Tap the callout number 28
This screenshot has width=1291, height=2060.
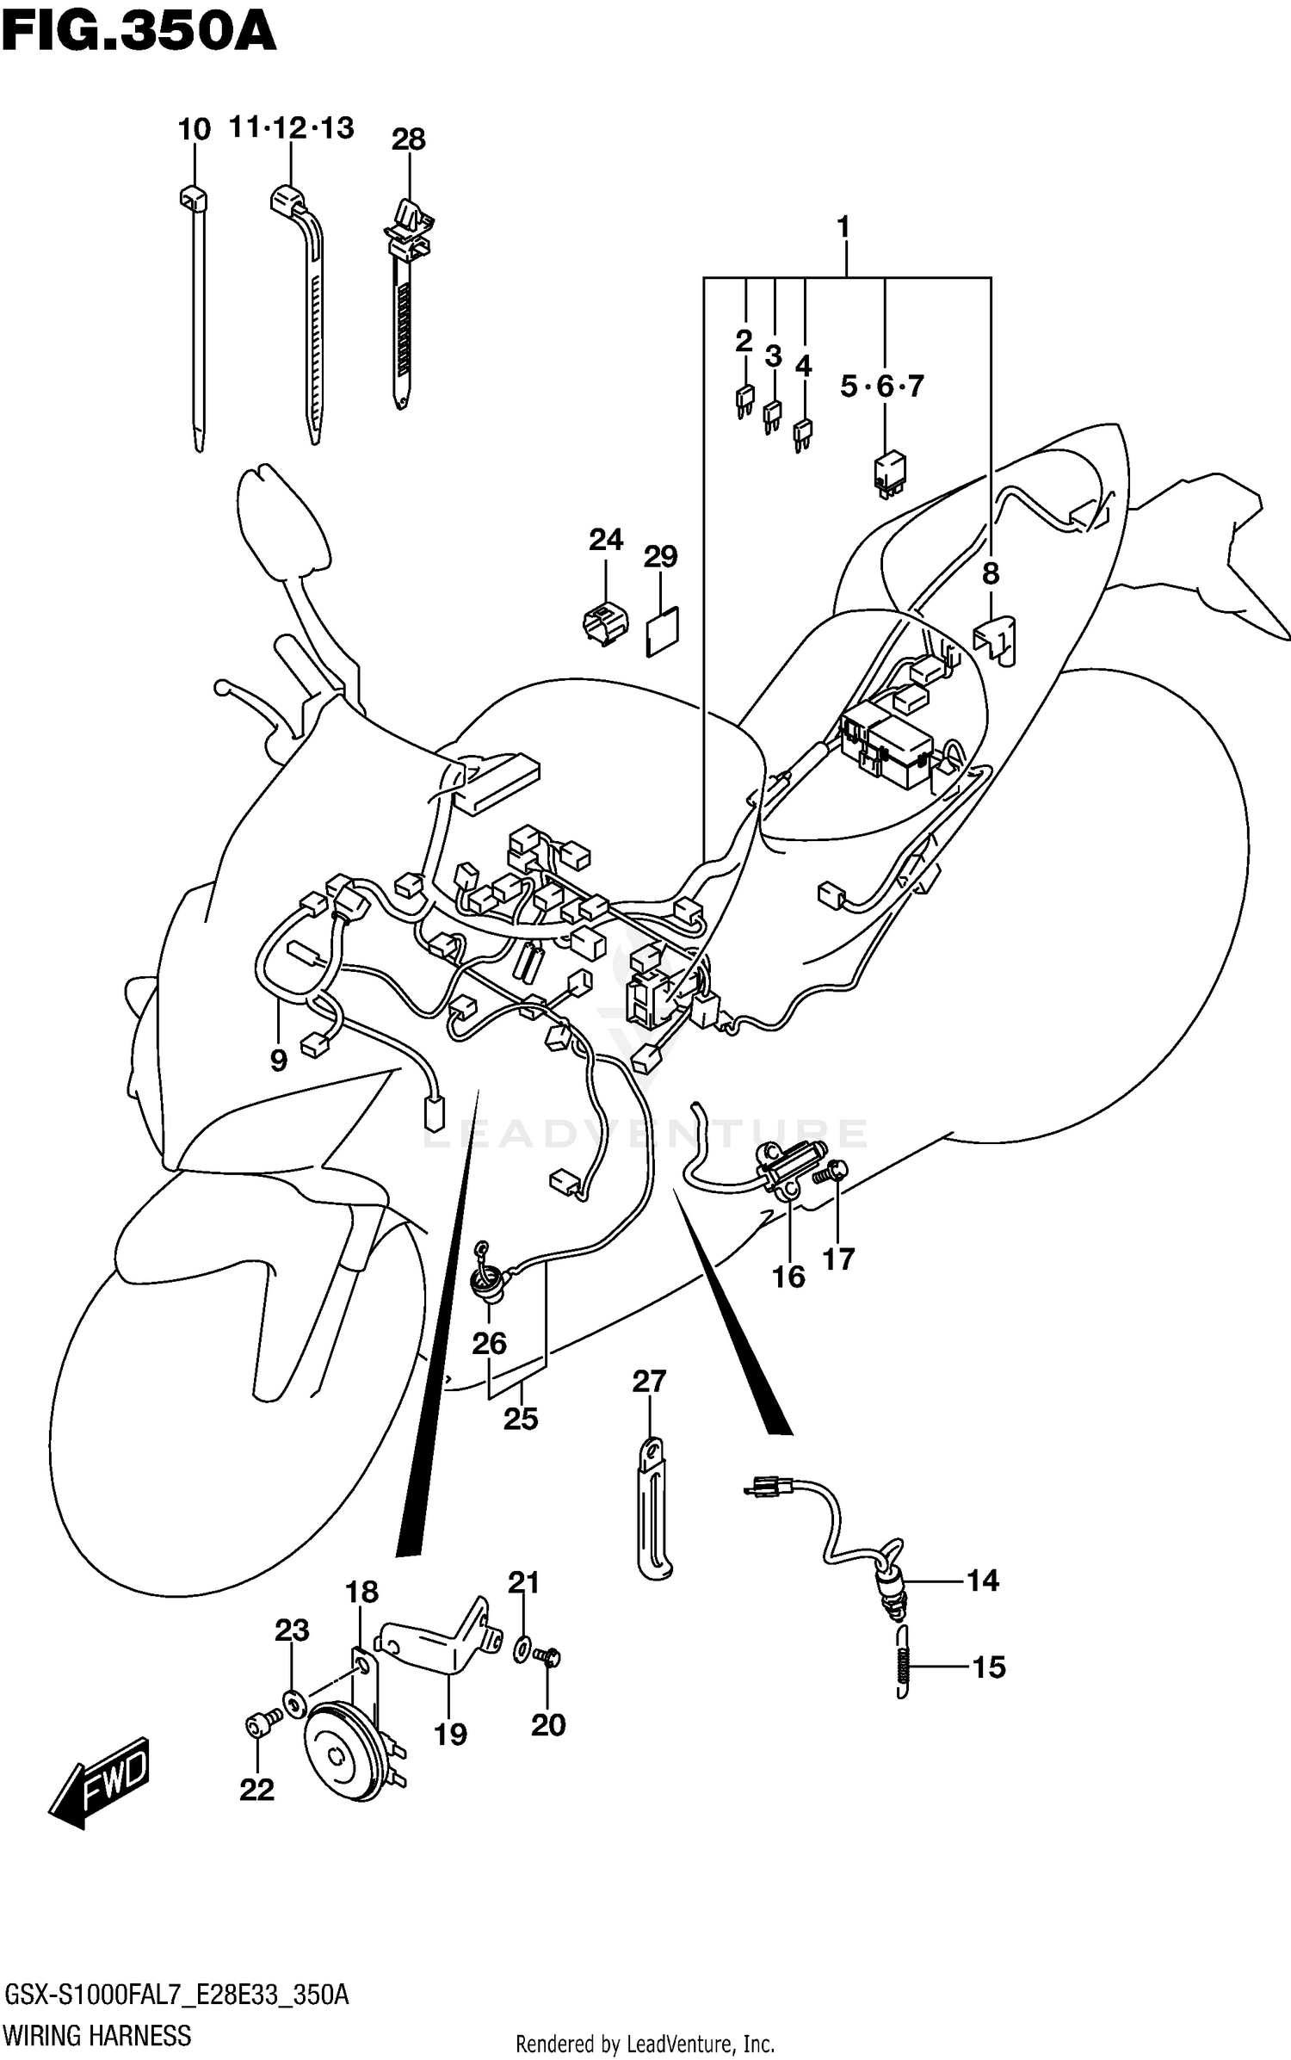408,139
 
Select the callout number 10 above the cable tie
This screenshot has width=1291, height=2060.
194,130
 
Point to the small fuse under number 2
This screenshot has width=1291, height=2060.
744,402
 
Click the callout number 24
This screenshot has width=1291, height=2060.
606,541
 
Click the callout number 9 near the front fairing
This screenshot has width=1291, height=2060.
278,1061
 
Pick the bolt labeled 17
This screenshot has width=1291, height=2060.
837,1172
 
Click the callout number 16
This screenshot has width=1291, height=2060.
788,1277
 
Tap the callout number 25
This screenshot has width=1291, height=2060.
520,1418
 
